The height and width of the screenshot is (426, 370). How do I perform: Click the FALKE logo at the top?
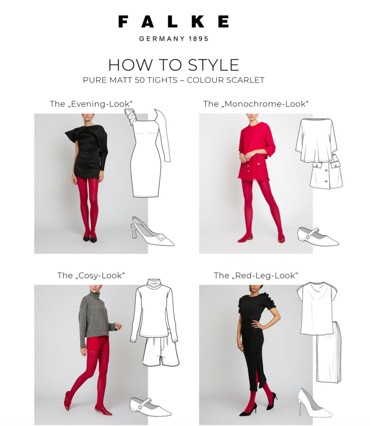point(173,21)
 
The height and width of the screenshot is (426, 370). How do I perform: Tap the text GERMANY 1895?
point(174,39)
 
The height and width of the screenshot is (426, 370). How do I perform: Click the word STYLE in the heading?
point(213,65)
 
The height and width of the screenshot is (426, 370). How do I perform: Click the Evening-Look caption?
point(91,104)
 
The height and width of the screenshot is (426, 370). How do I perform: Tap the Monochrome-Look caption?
point(256,104)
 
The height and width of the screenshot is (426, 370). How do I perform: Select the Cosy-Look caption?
point(91,276)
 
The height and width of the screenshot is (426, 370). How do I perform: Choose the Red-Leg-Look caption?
point(256,276)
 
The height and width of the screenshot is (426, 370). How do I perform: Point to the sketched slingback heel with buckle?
point(153,232)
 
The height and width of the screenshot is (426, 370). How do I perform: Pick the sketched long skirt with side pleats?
point(329,353)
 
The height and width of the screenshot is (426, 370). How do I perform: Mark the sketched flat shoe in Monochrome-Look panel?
point(318,237)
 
